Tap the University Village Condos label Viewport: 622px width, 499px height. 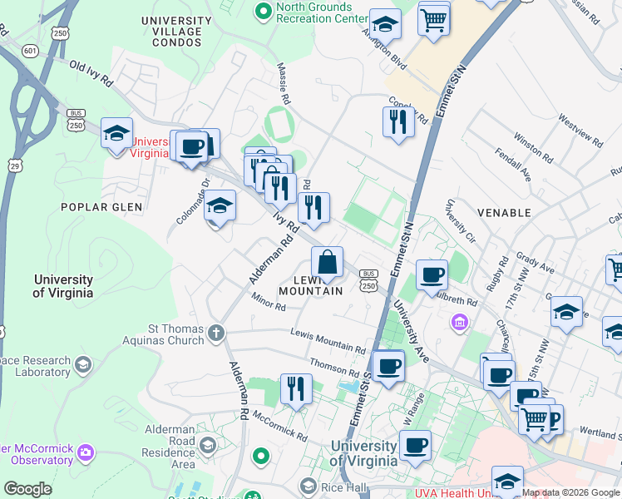click(x=171, y=32)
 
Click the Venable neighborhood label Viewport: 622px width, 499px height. click(x=503, y=213)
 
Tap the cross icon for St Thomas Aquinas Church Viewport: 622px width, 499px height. click(x=215, y=333)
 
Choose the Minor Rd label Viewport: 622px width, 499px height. click(x=269, y=306)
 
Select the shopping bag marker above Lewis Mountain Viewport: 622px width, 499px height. click(x=328, y=262)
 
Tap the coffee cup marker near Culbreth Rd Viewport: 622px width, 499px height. click(x=431, y=274)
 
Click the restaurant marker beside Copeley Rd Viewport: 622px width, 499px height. click(x=398, y=121)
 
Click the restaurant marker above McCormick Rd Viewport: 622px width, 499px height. click(x=295, y=388)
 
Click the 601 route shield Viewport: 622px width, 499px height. click(x=31, y=51)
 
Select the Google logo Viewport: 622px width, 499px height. click(x=27, y=489)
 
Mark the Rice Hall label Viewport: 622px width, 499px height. click(x=341, y=486)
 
